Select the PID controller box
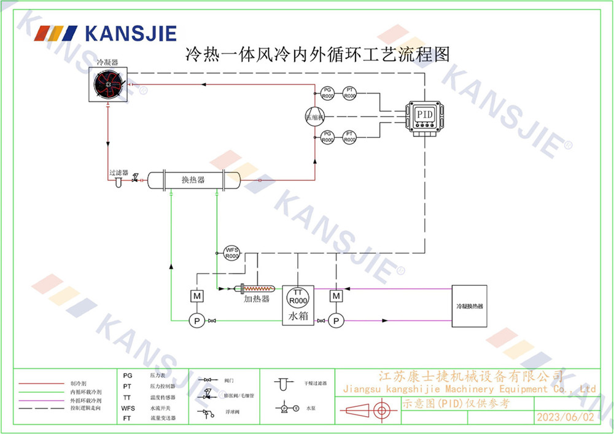424,115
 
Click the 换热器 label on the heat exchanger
193,180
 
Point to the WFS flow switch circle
231,253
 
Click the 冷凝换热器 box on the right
469,306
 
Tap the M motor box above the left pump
198,296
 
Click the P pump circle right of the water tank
336,320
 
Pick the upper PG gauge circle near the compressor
328,93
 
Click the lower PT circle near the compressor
349,136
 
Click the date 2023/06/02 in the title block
565,417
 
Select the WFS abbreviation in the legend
128,408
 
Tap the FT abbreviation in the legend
127,418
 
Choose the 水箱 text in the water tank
298,317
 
